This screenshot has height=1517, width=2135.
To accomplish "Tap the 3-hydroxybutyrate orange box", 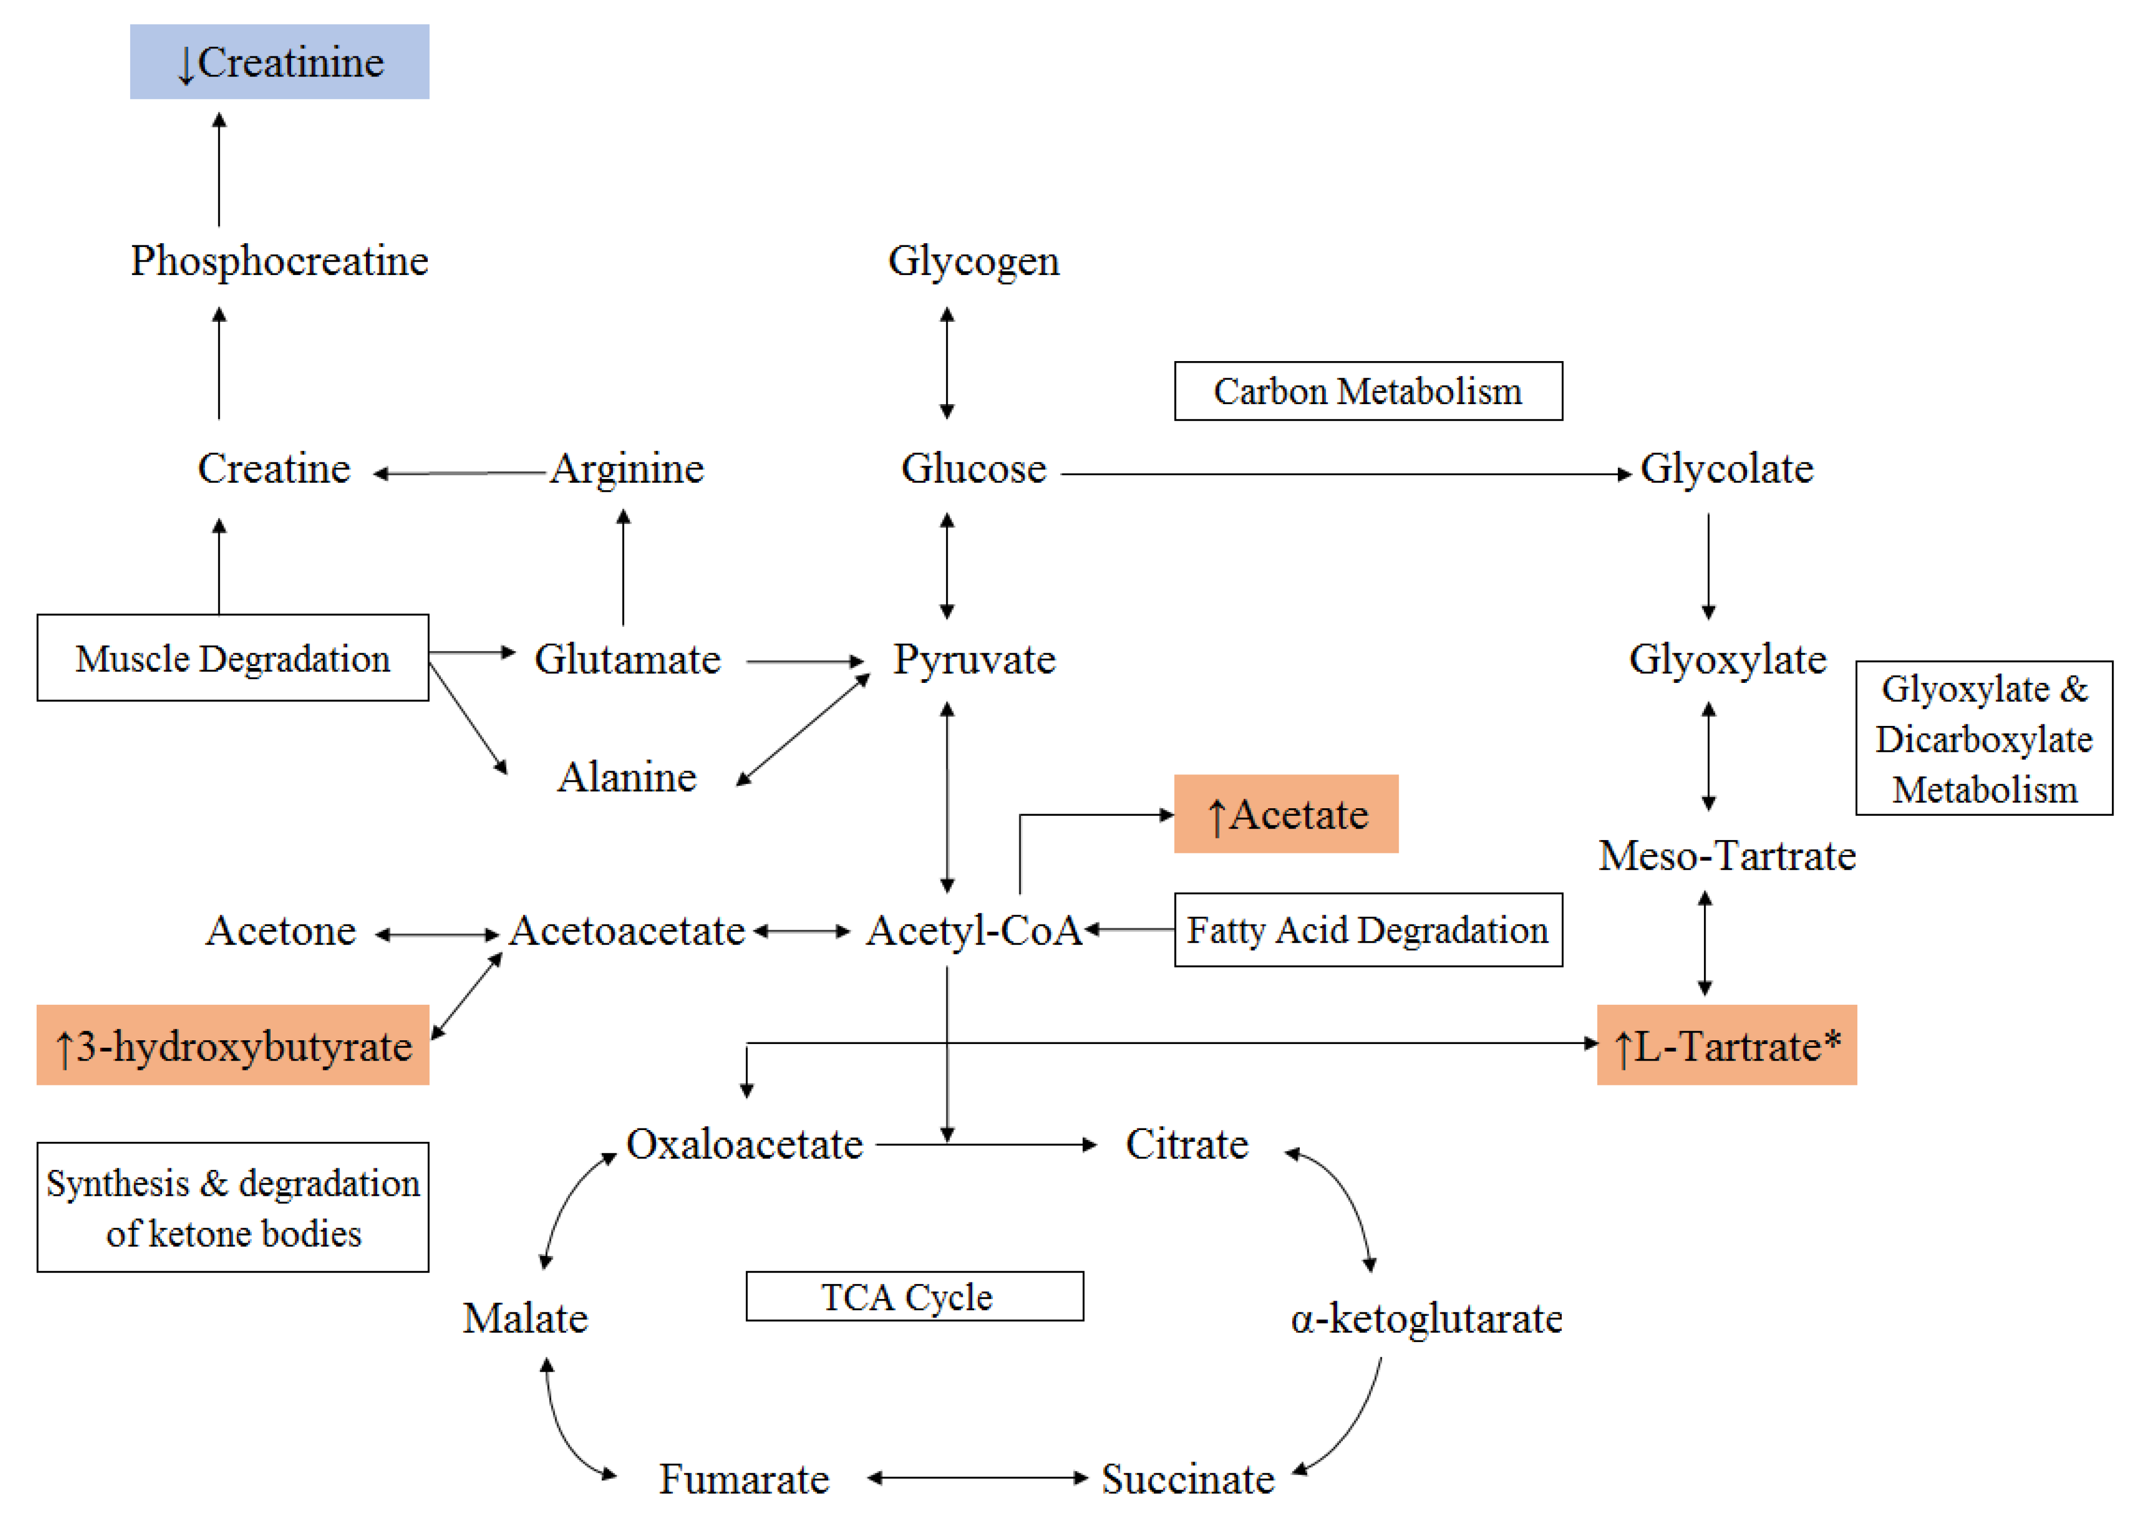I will (x=232, y=1045).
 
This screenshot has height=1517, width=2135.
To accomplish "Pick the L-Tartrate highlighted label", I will (x=1726, y=1045).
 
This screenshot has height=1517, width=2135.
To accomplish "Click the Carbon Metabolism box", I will (x=1368, y=391).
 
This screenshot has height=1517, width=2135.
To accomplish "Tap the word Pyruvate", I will (x=974, y=660).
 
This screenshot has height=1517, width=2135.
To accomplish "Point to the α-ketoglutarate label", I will (x=1426, y=1318).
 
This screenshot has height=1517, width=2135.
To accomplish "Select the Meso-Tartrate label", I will (x=1726, y=856).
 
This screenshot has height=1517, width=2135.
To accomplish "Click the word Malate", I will (x=525, y=1318).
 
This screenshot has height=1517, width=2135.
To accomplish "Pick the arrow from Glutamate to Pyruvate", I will (x=805, y=661).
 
